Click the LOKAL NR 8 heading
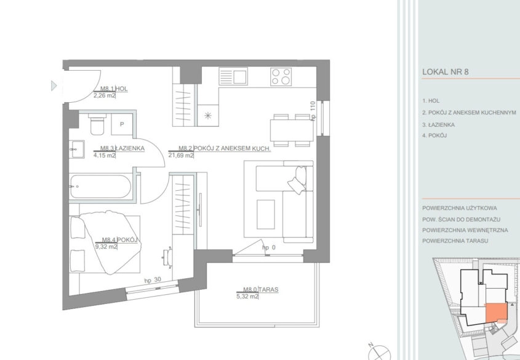coord(446,72)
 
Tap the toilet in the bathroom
coord(97,124)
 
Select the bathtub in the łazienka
coord(100,186)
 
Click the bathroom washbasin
coord(76,149)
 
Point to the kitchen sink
coord(233,76)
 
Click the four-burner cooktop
coord(281,76)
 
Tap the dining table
coord(292,130)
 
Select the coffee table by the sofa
coord(266,214)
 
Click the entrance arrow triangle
coord(54,86)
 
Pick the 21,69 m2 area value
coord(181,155)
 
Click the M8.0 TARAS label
coord(261,289)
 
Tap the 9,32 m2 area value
coord(106,247)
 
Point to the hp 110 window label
coord(313,111)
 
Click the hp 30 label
coord(153,280)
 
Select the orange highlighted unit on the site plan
coord(497,312)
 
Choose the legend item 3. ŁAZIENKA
coord(438,125)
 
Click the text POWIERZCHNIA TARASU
coord(455,241)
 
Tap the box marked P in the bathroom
coord(122,124)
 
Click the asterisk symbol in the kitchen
coord(208,115)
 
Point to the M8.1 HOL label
coord(114,89)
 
